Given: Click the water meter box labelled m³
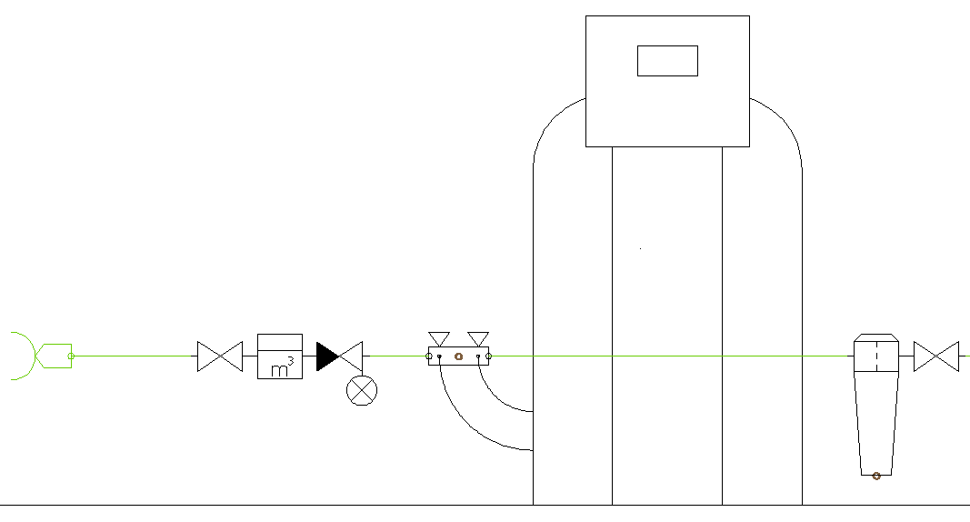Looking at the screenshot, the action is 280,356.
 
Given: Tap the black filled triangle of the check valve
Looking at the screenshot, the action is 327,356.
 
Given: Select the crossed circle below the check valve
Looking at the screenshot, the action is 362,390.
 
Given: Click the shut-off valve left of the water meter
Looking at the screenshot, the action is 220,356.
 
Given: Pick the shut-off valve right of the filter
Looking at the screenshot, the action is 936,356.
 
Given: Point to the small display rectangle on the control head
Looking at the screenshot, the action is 667,61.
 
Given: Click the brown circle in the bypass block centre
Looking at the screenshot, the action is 458,356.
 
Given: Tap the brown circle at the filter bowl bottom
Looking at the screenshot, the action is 876,476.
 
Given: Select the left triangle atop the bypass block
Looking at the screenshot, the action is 438,339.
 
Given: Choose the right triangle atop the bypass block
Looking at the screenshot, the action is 478,339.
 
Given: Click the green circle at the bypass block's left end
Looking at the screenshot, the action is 429,356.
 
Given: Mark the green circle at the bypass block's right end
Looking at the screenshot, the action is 489,356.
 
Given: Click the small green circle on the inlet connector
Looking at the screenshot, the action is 71,356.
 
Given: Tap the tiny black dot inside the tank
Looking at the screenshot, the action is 640,248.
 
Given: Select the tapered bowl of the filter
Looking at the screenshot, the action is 876,424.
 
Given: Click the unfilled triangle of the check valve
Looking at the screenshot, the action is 351,356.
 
